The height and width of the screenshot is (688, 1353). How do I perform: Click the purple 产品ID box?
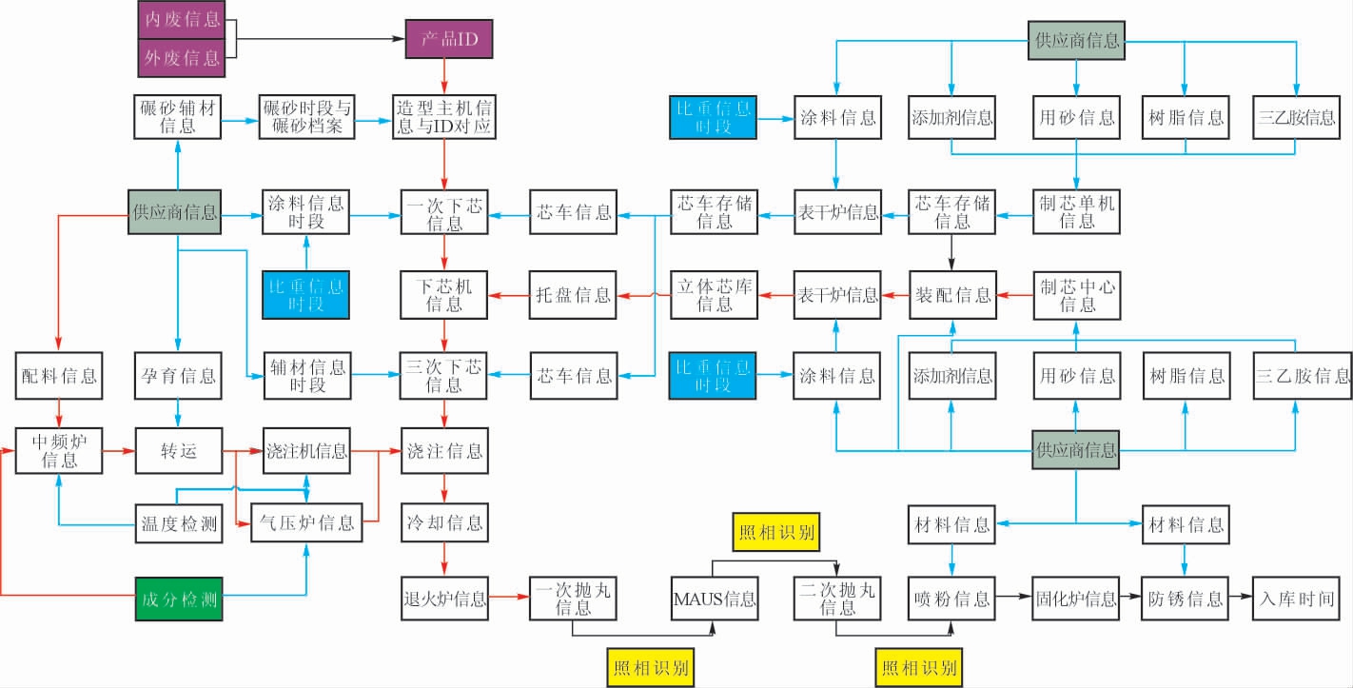pos(448,40)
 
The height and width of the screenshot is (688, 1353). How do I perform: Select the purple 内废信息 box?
pos(181,19)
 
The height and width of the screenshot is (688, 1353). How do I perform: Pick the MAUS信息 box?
pos(714,599)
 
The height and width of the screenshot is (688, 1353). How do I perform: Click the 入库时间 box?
pos(1295,599)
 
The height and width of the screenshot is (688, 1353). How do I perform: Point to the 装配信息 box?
pos(952,295)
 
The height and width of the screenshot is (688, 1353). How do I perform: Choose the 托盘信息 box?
pos(573,295)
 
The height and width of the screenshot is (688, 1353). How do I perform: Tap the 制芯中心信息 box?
pos(1077,295)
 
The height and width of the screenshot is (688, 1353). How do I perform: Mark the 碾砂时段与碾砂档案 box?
pos(306,117)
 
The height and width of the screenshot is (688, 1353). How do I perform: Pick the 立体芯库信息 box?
pos(715,295)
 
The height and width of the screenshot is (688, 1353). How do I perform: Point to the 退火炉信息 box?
pos(444,599)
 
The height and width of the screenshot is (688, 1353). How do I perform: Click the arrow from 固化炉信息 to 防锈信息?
pos(1130,599)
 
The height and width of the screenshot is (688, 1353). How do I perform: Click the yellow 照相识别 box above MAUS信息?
pos(776,532)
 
